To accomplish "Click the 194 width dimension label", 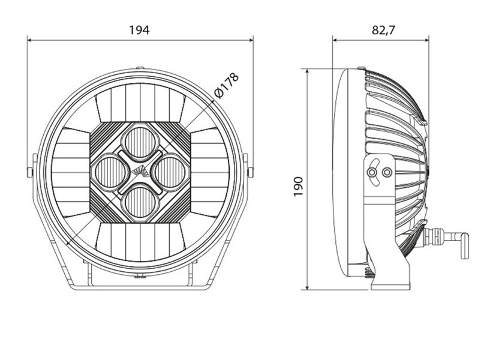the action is coord(139,30).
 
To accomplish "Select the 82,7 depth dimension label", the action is coord(383,30).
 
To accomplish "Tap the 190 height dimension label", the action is coord(298,187).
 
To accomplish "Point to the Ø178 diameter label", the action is coord(227,86).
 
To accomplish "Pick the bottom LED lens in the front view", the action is coord(140,202).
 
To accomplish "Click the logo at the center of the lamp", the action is coord(140,172).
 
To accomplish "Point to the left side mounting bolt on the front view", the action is coord(30,172).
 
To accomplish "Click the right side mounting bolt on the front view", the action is coord(250,172).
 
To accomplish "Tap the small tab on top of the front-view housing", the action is coord(140,68).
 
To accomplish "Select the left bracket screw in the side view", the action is coord(372,173).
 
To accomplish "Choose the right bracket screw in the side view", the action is coord(387,173).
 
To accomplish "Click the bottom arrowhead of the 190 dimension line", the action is coord(307,287).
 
